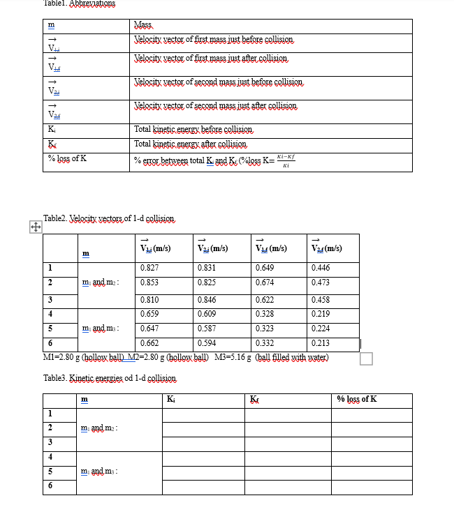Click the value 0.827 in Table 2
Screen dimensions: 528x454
click(148, 268)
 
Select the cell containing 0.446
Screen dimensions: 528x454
click(321, 268)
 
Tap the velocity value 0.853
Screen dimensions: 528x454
click(148, 282)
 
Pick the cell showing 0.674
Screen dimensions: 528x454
click(264, 282)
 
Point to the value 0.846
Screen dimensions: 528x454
click(206, 299)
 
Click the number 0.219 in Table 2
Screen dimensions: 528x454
click(321, 314)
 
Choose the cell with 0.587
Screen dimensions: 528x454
click(206, 328)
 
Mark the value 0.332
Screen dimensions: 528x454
click(264, 342)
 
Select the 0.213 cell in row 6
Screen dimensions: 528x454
click(321, 342)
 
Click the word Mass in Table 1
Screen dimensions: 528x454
click(145, 25)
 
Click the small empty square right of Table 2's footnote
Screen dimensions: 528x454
click(366, 358)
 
